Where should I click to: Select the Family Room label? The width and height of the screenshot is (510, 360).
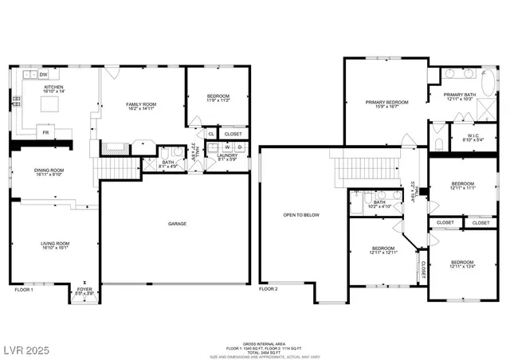[x=139, y=104]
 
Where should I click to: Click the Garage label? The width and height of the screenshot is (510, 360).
[x=177, y=223]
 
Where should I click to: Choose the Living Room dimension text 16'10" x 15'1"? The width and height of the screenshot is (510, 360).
[x=57, y=247]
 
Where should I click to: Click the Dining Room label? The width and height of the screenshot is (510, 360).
[x=49, y=170]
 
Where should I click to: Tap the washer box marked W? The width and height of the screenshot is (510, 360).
[x=226, y=147]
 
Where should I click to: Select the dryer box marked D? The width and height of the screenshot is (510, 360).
[x=238, y=147]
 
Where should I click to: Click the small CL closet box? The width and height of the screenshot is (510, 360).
[x=211, y=134]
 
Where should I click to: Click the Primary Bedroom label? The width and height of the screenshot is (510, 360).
[x=386, y=102]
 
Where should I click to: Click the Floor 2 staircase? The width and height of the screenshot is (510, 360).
[x=359, y=168]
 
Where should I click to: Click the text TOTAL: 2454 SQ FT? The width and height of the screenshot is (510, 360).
[x=254, y=351]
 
